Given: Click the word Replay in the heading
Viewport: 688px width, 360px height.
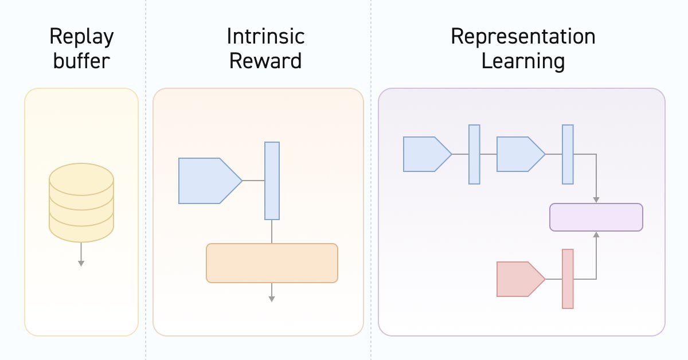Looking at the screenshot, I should [81, 38].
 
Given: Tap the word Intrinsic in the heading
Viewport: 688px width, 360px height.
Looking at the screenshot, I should [265, 37].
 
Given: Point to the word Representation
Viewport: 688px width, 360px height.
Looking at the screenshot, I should [522, 38].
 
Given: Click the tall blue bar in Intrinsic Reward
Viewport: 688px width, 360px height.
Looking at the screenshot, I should [272, 181].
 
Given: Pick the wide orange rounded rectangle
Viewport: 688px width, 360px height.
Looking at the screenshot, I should [272, 263].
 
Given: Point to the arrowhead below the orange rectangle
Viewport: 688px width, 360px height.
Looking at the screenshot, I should [272, 299].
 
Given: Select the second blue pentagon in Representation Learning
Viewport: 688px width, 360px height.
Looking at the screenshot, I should [518, 154].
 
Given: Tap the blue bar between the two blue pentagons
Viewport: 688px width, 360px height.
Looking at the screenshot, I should [474, 154].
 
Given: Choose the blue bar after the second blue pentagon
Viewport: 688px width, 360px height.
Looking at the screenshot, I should [568, 154].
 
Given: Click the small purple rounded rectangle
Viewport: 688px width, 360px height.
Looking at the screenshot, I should [596, 217].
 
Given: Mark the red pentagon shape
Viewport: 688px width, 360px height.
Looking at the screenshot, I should [518, 279].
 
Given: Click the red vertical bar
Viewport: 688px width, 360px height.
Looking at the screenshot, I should [568, 279].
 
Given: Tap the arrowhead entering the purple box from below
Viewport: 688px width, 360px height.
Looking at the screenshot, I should [596, 234].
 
